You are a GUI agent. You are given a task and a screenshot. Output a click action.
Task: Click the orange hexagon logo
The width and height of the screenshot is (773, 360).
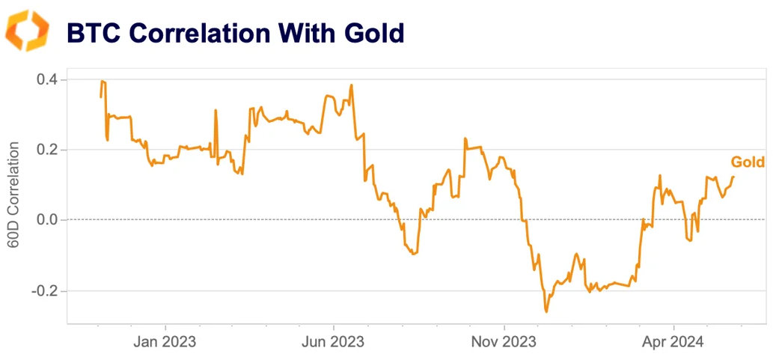pos(28,31)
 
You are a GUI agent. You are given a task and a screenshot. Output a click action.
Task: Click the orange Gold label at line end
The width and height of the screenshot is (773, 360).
pos(747,162)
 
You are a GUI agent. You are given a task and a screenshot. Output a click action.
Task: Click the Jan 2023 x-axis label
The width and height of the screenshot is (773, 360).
pos(165,342)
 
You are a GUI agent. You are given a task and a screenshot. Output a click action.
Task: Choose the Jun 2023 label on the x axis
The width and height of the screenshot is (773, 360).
pos(334,342)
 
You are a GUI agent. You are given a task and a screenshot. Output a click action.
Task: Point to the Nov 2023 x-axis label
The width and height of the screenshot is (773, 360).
pos(504,342)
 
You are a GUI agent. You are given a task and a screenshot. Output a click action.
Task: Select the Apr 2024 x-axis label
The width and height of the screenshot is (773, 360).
pos(673,342)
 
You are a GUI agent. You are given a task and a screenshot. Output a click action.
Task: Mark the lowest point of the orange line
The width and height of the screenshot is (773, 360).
pos(546,311)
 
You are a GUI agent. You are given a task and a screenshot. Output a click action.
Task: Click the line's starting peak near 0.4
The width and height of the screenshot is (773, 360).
pos(103,81)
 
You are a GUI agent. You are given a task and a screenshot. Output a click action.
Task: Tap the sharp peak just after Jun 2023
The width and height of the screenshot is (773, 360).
pos(351,85)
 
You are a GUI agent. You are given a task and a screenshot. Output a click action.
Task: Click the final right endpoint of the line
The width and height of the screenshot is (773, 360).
pos(734,177)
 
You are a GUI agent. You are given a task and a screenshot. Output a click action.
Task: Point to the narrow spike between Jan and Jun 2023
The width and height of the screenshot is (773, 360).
pos(216,111)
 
